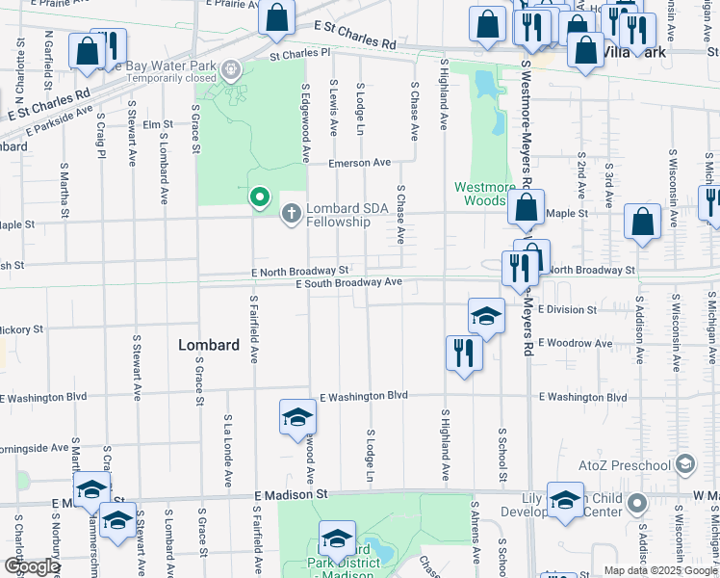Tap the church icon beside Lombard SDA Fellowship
point(292,212)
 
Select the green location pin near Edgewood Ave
point(259,198)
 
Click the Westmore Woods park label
point(480,194)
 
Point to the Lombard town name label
point(209,345)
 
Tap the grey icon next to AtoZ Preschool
point(684,464)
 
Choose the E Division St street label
point(567,310)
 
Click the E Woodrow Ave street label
point(575,343)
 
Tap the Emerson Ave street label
point(359,163)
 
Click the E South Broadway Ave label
point(348,283)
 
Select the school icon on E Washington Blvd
point(297,416)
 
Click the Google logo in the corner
point(31,566)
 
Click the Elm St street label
point(156,124)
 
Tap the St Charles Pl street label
point(299,56)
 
